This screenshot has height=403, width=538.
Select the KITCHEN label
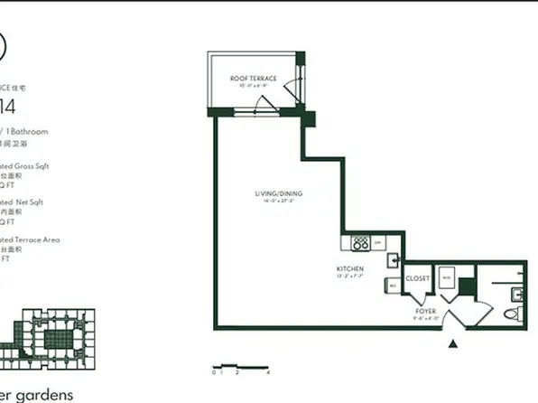coord(350,269)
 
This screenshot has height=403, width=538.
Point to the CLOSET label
coord(418,279)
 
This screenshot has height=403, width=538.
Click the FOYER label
coord(425,311)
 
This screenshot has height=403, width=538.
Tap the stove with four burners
coord(361,243)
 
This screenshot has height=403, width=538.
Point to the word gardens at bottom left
coord(41,395)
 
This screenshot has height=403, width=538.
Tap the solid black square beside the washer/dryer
coord(466,287)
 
